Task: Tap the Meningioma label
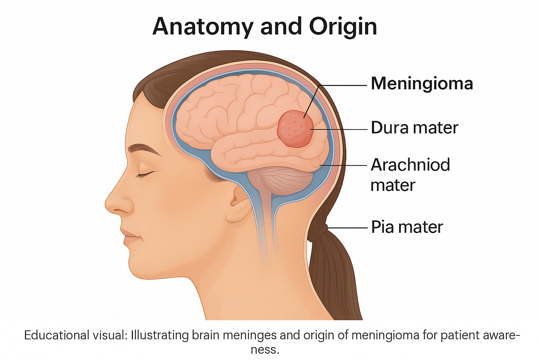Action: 422,84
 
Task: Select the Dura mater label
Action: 414,128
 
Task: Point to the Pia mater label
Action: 407,227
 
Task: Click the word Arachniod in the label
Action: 410,165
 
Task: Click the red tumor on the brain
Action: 295,129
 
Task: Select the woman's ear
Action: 239,204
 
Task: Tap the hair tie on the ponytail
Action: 318,232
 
